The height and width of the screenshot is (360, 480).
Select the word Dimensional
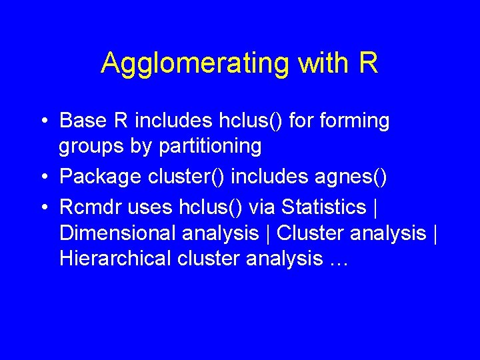point(113,233)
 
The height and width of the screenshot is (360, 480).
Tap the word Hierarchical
point(115,259)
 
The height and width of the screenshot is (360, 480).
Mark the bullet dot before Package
point(43,177)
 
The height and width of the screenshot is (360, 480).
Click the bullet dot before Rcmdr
point(43,207)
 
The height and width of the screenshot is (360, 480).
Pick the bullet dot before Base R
point(43,121)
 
